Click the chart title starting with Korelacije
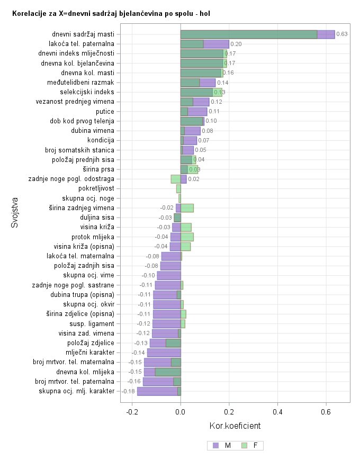(x=111, y=13)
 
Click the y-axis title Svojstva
(x=15, y=213)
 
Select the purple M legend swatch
(x=215, y=446)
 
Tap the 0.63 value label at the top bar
(x=342, y=34)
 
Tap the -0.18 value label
(x=129, y=391)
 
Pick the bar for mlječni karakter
(x=164, y=353)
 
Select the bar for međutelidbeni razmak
(x=198, y=83)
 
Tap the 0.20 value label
(x=236, y=44)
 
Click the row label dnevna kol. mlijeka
(x=85, y=372)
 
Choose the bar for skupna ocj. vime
(x=169, y=275)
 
